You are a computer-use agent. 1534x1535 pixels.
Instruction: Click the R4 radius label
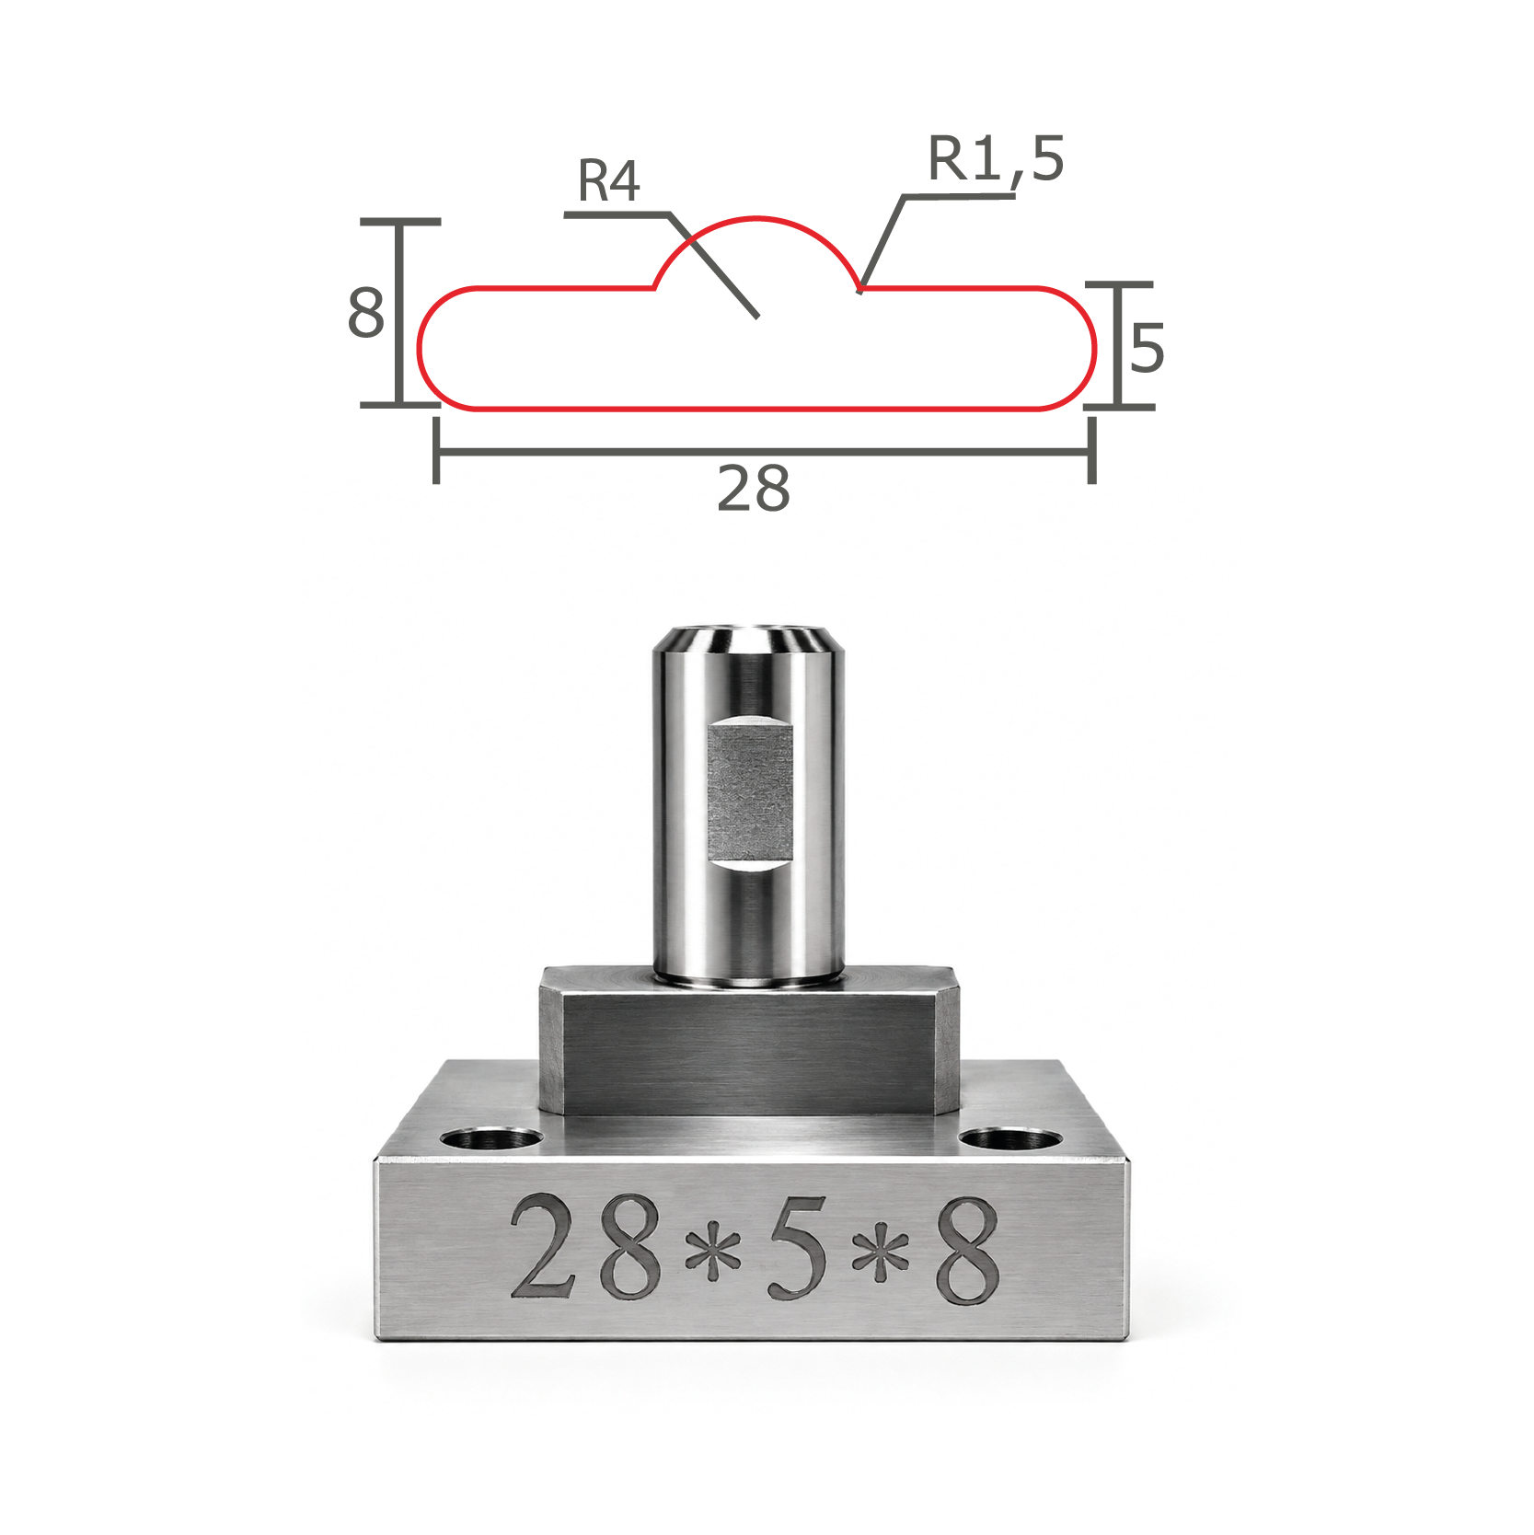coord(608,180)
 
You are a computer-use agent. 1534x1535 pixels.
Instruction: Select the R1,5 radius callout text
coord(996,159)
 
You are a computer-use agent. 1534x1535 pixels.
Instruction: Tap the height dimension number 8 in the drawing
coord(365,312)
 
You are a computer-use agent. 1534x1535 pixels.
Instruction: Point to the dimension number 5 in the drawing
coord(1148,348)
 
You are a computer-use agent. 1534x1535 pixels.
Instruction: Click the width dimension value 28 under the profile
coord(754,489)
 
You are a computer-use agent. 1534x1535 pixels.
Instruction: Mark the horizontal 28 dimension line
coord(764,451)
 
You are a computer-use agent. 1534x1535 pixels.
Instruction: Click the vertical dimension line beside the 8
coord(399,313)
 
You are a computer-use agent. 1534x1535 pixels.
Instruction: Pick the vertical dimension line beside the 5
coord(1119,345)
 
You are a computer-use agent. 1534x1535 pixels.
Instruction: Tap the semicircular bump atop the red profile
coord(756,219)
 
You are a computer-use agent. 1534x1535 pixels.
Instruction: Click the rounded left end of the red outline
coord(420,348)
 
